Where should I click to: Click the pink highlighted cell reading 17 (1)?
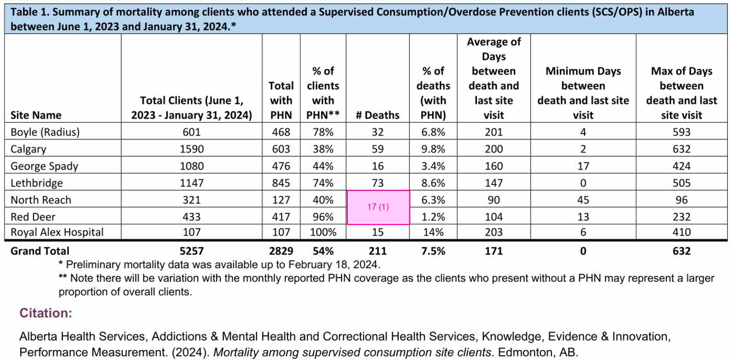coord(378,207)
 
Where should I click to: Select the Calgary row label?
coord(29,149)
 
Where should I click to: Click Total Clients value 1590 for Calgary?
coord(191,149)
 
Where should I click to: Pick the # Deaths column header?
coord(377,115)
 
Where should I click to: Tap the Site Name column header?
coord(36,115)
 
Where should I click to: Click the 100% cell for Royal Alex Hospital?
coord(323,232)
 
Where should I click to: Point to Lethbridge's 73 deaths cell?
coord(377,183)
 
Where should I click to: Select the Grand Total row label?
coord(40,251)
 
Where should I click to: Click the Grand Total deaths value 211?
coord(377,251)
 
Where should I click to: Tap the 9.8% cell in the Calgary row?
coord(433,149)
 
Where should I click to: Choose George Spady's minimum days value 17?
coord(583,166)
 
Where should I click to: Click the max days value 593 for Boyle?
coord(681,132)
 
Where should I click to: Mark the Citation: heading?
coord(46,313)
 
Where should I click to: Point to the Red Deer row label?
coord(33,217)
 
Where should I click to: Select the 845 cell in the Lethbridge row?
coord(281,183)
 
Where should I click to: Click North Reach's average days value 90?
coord(493,200)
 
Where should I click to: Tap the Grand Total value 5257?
coord(191,251)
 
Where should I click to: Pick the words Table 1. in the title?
coord(29,12)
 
